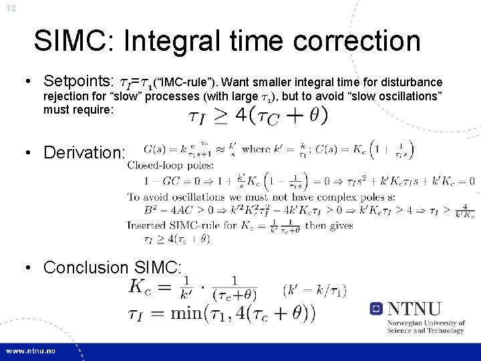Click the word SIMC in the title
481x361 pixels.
(x=73, y=41)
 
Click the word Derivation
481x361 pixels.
(x=84, y=152)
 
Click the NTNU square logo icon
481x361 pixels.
(x=377, y=309)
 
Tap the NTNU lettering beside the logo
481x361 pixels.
(x=414, y=309)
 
